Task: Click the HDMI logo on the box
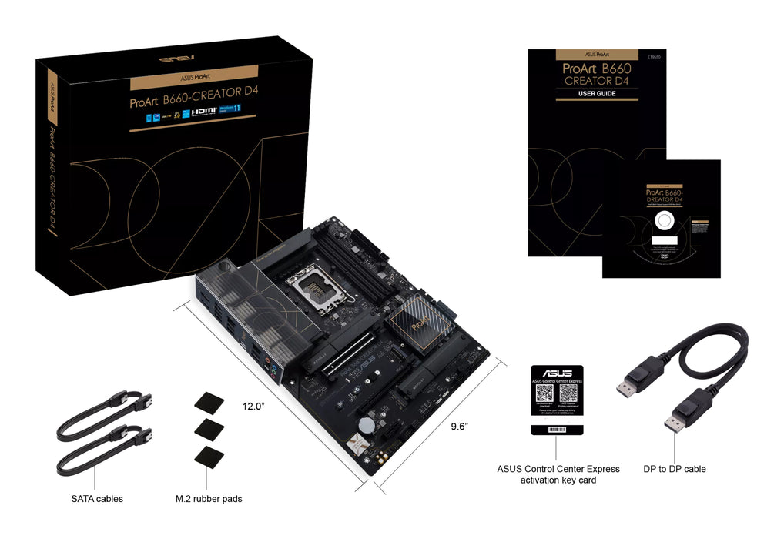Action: click(205, 111)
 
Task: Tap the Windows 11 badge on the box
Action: click(232, 111)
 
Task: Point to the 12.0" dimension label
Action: click(253, 406)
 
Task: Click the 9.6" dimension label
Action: click(460, 426)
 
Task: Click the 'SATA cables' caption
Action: click(97, 499)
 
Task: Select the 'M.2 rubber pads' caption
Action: click(208, 499)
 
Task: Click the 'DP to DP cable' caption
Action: click(675, 469)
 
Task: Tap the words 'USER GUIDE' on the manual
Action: click(597, 94)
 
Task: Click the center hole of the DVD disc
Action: click(661, 222)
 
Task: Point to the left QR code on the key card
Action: click(546, 394)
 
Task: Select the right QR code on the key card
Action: click(568, 394)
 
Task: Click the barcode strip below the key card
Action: click(557, 430)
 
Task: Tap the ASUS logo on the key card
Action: click(557, 373)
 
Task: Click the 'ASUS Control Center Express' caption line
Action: click(558, 469)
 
